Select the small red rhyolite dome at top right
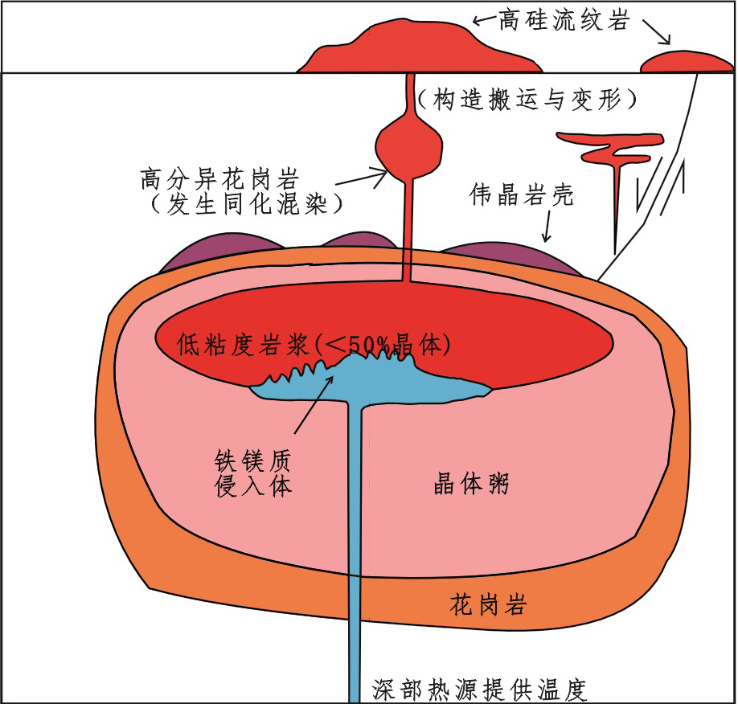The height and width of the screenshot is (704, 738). click(x=683, y=63)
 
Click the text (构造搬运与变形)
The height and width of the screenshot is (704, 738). click(x=528, y=99)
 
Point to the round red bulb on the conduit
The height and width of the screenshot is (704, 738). click(x=409, y=145)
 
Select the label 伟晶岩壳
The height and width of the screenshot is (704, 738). click(x=522, y=195)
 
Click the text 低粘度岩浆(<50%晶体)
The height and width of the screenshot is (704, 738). click(x=313, y=346)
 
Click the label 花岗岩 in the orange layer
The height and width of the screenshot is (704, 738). click(x=488, y=605)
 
